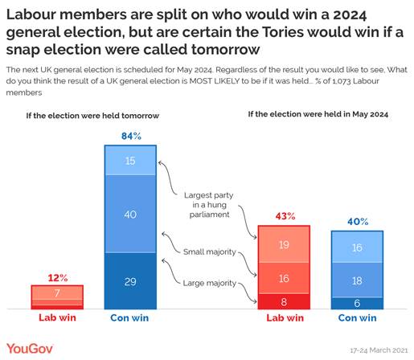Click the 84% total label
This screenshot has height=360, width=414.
[130, 137]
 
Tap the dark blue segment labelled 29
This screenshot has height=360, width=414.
[130, 280]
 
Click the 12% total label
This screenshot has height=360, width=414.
[56, 277]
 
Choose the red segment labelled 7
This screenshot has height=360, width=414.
[56, 295]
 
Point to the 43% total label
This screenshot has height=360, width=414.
[285, 217]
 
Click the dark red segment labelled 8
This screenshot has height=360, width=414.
[285, 301]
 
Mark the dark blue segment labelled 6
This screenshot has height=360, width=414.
[357, 303]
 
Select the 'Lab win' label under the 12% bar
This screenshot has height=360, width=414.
[56, 318]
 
